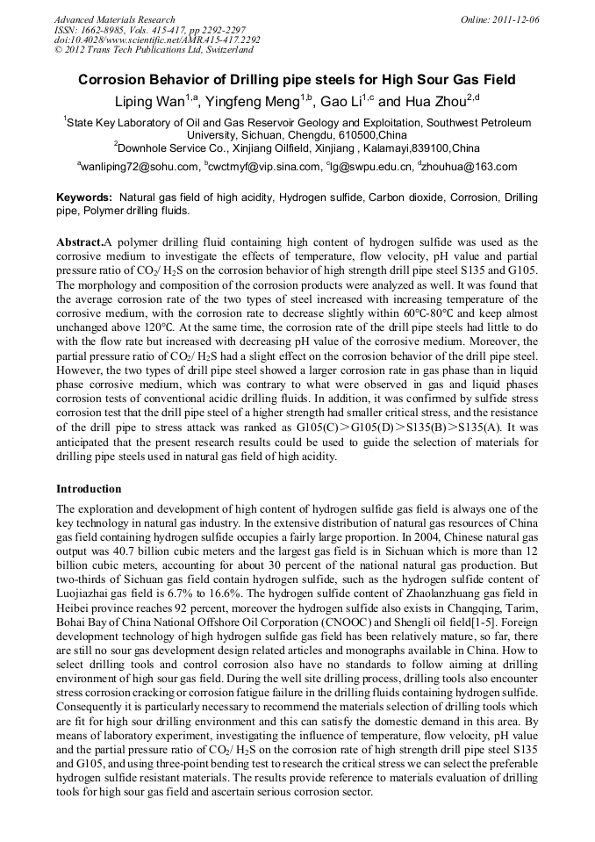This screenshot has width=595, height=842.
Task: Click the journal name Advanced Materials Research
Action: [114, 19]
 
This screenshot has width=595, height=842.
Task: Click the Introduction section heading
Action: [90, 488]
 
